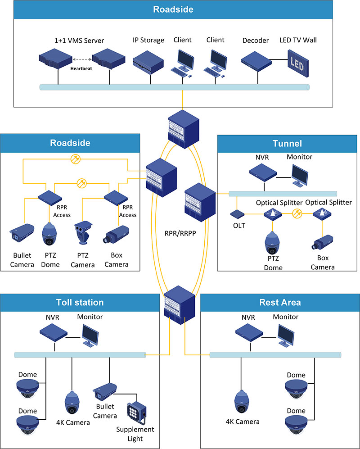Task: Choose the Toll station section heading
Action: click(80, 302)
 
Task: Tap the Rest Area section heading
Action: click(280, 302)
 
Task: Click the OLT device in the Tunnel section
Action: click(237, 213)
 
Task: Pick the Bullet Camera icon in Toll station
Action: click(105, 390)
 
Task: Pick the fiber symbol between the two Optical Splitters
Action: click(297, 213)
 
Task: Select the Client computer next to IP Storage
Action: click(184, 62)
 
